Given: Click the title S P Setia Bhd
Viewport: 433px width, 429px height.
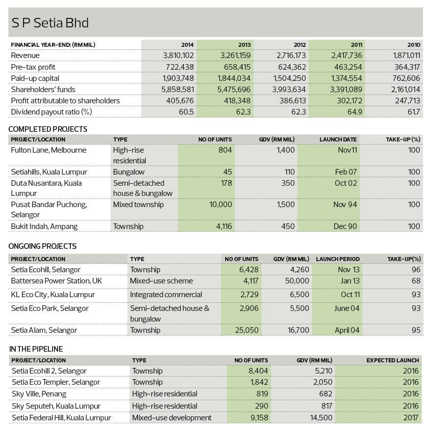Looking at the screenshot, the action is [50, 23].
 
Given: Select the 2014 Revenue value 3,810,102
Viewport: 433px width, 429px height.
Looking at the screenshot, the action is [178, 55].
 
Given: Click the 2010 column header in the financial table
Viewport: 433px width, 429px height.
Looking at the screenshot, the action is [414, 45].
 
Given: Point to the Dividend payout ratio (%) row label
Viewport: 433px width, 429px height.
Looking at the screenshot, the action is [51, 112].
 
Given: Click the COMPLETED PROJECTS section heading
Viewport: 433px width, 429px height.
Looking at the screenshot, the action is [48, 129].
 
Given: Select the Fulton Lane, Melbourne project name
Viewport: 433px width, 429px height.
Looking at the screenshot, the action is [48, 150].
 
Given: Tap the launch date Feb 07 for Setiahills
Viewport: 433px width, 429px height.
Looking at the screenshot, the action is [346, 172].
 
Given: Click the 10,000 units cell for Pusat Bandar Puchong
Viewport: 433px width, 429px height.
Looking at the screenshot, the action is [221, 205].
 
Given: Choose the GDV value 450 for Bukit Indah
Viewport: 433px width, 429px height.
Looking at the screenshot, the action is [288, 226].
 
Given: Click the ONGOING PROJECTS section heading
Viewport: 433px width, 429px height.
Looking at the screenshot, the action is [42, 246].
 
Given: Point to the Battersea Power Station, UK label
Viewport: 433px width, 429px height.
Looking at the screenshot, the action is [57, 281].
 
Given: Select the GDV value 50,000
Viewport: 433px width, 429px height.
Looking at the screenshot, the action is [297, 281].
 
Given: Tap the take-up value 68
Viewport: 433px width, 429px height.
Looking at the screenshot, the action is [416, 281].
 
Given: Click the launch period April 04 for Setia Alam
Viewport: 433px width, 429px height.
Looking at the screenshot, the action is [347, 330].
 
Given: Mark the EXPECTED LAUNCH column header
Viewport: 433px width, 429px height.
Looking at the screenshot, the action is [393, 360].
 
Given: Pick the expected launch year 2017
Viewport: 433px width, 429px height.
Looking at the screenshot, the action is [411, 418].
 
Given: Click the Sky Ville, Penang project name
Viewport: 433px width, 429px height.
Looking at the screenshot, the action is [39, 394].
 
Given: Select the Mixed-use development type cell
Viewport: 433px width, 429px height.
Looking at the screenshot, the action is [172, 418].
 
